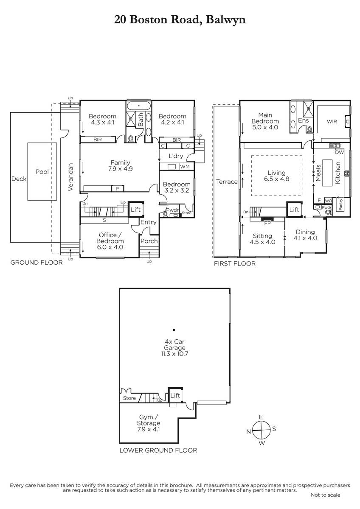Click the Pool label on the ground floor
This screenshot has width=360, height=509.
point(42,171)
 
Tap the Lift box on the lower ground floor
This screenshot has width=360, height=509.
point(175,395)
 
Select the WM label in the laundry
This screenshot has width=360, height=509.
point(185,167)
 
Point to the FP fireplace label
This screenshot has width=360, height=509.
point(267,224)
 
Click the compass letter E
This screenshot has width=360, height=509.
point(261,417)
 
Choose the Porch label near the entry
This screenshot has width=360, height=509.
point(149,241)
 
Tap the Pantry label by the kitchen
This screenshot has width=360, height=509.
point(340,204)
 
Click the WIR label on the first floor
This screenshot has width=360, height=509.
point(332,122)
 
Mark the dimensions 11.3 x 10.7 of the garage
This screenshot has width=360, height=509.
point(174,354)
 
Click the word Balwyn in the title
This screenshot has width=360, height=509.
point(225,20)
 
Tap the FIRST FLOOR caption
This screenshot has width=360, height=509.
point(235,263)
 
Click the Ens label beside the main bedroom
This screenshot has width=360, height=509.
point(304,120)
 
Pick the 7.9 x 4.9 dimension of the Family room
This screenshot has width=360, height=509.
point(121,169)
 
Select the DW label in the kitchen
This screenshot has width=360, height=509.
point(339,152)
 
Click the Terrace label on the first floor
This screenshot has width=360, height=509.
point(227,182)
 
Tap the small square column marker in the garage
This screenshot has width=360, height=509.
point(174,330)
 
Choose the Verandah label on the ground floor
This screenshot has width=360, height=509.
point(70,177)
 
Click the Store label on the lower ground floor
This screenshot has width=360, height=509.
point(129,398)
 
